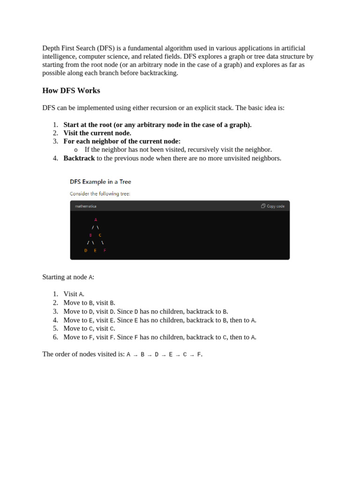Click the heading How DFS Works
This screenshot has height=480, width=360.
click(71, 90)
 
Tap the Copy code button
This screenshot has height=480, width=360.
click(273, 206)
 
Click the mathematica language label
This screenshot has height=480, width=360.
click(86, 206)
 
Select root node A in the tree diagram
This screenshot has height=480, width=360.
click(96, 220)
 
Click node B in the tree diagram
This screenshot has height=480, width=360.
click(90, 235)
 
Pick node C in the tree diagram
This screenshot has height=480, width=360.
click(100, 235)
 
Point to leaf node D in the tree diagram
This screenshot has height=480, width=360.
click(86, 251)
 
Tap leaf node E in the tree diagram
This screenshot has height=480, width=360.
click(95, 251)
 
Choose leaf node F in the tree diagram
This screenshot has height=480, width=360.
click(105, 251)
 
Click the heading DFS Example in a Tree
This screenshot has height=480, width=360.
click(100, 181)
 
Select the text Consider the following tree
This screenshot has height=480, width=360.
click(100, 194)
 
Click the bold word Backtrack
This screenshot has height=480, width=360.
click(79, 158)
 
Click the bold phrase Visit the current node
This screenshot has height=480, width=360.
click(97, 133)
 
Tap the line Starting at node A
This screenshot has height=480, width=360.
click(68, 277)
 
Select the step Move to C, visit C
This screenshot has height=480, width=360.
click(89, 328)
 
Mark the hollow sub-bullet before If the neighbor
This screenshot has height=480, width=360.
click(76, 150)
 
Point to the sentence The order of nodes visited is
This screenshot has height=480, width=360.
click(83, 354)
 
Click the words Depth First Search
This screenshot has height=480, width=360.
click(68, 48)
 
